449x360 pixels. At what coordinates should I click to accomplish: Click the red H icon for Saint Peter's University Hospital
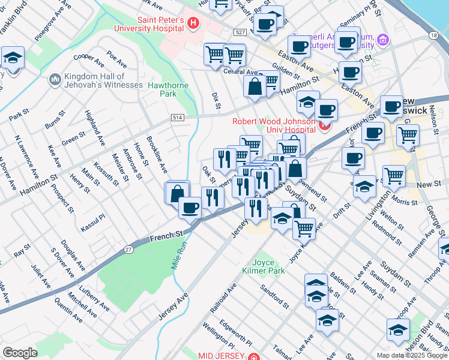(x=193, y=24)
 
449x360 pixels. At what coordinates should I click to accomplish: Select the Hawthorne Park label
(x=168, y=90)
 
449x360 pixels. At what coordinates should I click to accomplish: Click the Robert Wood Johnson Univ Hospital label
(x=274, y=124)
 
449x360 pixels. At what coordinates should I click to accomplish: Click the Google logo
(x=20, y=353)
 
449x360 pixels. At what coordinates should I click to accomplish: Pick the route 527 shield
(x=241, y=31)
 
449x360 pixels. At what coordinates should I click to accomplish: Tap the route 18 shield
(x=433, y=36)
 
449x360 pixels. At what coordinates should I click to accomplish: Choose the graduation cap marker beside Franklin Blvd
(x=13, y=58)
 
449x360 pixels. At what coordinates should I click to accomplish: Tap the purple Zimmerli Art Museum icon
(x=383, y=41)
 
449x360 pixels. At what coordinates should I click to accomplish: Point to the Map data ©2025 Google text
(x=412, y=355)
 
